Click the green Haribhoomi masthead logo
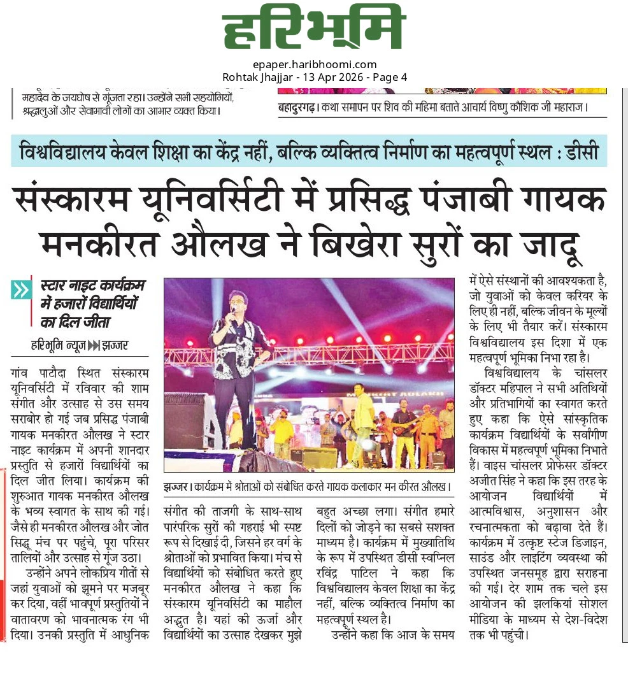[x=314, y=31]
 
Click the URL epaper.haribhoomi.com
[x=314, y=64]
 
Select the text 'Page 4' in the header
[x=392, y=77]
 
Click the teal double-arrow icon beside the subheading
[x=21, y=290]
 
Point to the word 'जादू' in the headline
[x=552, y=243]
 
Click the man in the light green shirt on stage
[x=363, y=420]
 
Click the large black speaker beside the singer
[x=185, y=420]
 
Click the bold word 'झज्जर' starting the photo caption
[x=175, y=487]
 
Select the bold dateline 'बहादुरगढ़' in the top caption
[x=296, y=107]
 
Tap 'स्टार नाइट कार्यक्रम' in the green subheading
[x=92, y=285]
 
